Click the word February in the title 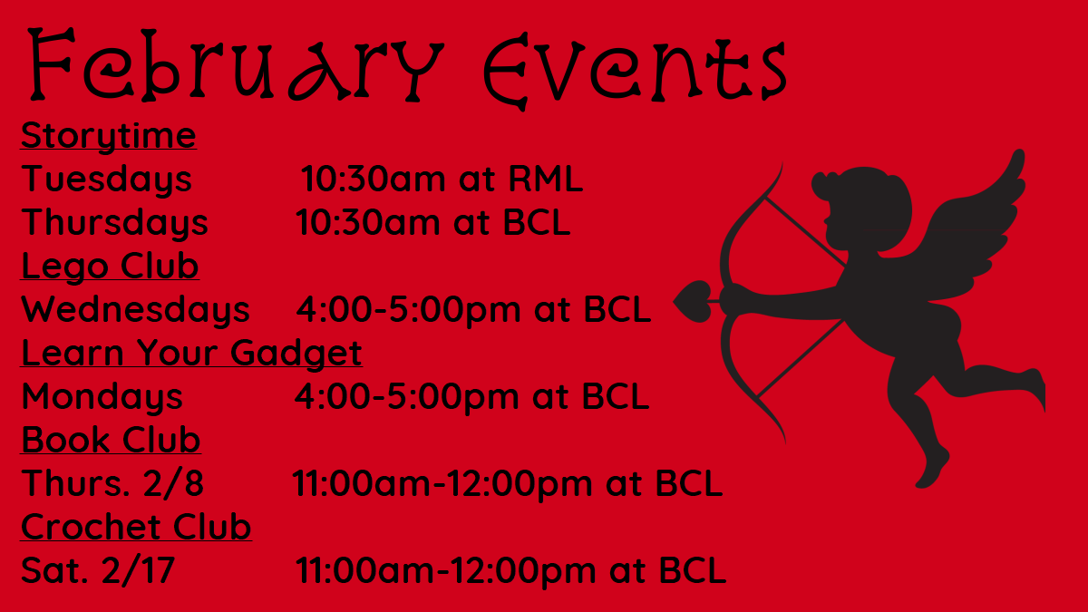pyautogui.click(x=236, y=64)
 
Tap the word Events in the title pyautogui.click(x=635, y=72)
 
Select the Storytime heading pyautogui.click(x=108, y=136)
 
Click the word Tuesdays pyautogui.click(x=106, y=180)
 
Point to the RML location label pyautogui.click(x=546, y=179)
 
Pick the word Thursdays pyautogui.click(x=114, y=223)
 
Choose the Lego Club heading pyautogui.click(x=110, y=267)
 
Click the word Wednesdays pyautogui.click(x=135, y=309)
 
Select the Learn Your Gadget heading pyautogui.click(x=191, y=353)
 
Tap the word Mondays pyautogui.click(x=102, y=397)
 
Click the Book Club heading pyautogui.click(x=111, y=440)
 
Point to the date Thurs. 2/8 pyautogui.click(x=112, y=483)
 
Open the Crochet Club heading pyautogui.click(x=136, y=527)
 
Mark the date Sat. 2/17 pyautogui.click(x=98, y=570)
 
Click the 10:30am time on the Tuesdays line pyautogui.click(x=373, y=179)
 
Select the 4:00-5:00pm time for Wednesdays pyautogui.click(x=409, y=310)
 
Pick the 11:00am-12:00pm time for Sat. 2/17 pyautogui.click(x=445, y=570)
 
